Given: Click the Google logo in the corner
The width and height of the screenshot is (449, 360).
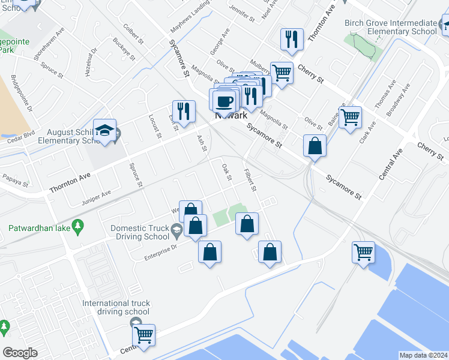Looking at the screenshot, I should [20, 353].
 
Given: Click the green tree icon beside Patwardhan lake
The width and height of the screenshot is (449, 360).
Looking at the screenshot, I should [77, 225].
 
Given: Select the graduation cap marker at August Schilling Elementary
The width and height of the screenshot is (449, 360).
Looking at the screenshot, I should [104, 131].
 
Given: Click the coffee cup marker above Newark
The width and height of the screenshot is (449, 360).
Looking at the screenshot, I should [224, 100].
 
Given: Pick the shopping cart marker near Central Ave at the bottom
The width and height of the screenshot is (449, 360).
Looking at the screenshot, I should [144, 335].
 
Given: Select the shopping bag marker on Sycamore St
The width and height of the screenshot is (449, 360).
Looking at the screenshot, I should [315, 146].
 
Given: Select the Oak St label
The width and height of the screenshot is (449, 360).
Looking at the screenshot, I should [227, 173].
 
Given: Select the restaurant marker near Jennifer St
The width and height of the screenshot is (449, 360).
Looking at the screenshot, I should [292, 39].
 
